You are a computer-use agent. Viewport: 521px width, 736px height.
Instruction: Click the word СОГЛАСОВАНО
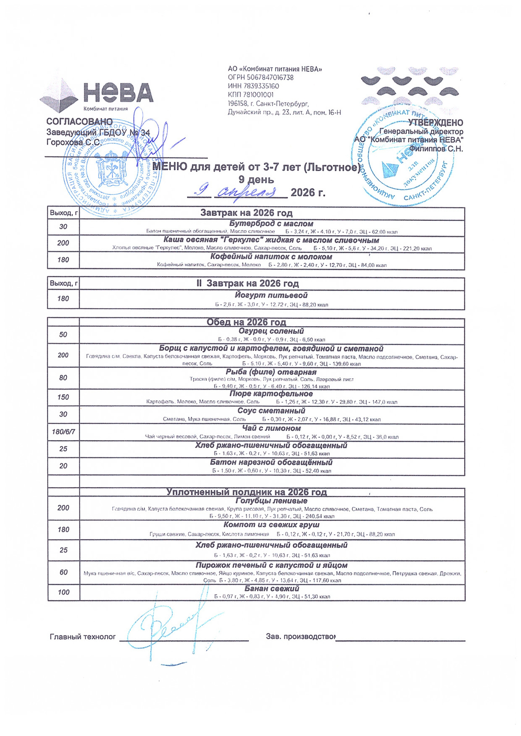[x=80, y=122]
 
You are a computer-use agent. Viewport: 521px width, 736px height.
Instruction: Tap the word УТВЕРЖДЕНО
[x=436, y=123]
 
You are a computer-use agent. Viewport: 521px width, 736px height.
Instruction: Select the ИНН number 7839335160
[x=261, y=86]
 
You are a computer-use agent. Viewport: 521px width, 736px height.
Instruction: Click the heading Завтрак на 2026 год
[x=247, y=213]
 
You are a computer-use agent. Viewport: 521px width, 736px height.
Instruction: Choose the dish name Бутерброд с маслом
[x=271, y=223]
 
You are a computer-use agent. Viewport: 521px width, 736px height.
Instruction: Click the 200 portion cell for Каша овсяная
[x=63, y=243]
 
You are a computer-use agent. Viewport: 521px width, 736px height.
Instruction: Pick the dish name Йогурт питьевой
[x=271, y=295]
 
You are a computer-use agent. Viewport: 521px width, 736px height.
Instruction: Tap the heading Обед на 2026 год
[x=247, y=322]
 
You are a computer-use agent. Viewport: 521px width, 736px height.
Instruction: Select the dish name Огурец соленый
[x=271, y=331]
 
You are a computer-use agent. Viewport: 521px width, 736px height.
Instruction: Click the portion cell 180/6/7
[x=63, y=432]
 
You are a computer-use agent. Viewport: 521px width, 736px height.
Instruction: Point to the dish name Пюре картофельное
[x=271, y=394]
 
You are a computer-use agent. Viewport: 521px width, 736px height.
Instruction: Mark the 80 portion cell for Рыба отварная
[x=63, y=378]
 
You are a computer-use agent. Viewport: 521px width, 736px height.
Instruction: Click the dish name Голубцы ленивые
[x=271, y=500]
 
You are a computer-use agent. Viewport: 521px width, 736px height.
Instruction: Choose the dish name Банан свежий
[x=272, y=588]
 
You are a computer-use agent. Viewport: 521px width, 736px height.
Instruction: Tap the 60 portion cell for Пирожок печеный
[x=63, y=572]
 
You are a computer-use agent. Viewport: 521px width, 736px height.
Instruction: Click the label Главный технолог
[x=82, y=637]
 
